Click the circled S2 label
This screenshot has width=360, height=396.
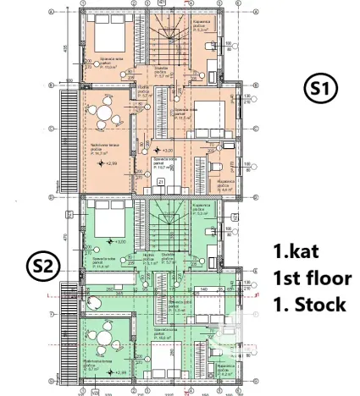pyautogui.click(x=42, y=267)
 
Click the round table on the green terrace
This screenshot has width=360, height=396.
pyautogui.click(x=104, y=331)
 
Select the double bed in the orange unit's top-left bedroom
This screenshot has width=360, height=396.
pyautogui.click(x=107, y=36)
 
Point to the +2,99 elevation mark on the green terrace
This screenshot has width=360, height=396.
pyautogui.click(x=118, y=371)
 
